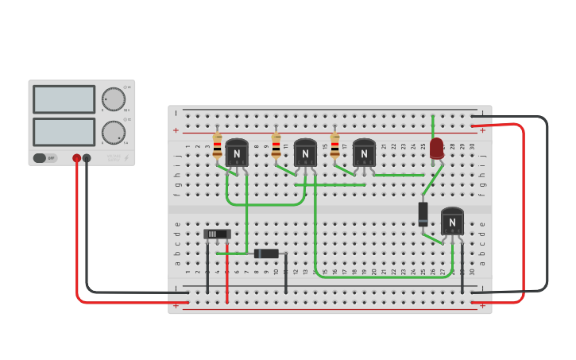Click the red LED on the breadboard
(436, 148)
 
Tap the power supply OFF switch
(44, 158)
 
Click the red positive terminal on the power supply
(76, 158)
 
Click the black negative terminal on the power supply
(87, 158)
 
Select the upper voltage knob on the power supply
(114, 99)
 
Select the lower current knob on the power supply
(114, 132)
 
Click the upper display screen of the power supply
(64, 99)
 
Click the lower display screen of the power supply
(64, 132)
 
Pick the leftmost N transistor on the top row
(236, 153)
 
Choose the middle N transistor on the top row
(305, 153)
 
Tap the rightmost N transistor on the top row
(364, 153)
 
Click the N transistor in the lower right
(452, 221)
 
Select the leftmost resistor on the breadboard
(217, 146)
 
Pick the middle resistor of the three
(276, 146)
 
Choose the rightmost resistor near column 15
(334, 146)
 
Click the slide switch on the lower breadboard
(217, 234)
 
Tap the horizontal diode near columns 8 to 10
(266, 254)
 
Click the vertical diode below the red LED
(423, 214)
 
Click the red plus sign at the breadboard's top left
(176, 130)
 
